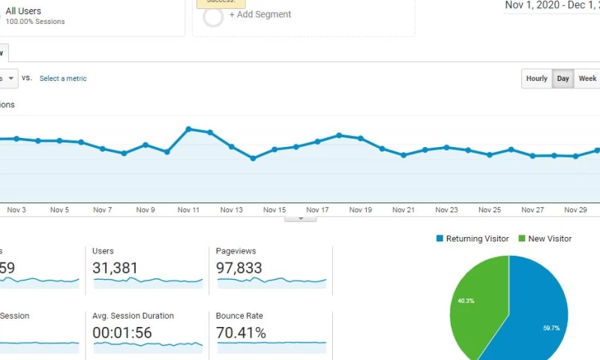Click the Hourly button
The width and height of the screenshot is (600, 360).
(x=536, y=79)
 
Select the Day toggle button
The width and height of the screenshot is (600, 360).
(x=563, y=79)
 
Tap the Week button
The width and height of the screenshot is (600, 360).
(x=587, y=79)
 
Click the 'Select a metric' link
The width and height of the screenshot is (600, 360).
(x=63, y=79)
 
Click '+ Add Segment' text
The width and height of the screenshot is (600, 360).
(x=260, y=14)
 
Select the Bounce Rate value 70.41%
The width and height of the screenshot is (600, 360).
(x=241, y=332)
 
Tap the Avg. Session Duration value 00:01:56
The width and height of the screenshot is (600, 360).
(x=123, y=332)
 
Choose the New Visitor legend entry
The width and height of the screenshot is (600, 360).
(x=550, y=238)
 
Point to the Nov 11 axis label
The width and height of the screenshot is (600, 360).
(x=188, y=211)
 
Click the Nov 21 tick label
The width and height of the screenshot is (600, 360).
(x=403, y=211)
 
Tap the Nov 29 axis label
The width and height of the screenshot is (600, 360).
(x=575, y=211)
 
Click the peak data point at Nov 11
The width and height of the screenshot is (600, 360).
(x=188, y=129)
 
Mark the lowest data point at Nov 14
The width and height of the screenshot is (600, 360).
(x=253, y=158)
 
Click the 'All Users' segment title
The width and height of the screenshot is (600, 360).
(x=23, y=11)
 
